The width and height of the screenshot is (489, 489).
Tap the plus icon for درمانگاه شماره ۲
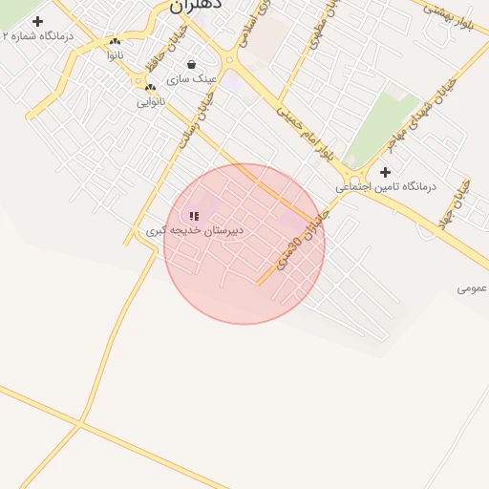coord(37,21)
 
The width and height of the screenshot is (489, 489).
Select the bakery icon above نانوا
coord(116,42)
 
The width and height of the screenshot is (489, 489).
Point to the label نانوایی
coord(150,101)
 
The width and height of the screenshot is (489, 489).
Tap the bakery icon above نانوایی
coord(150,87)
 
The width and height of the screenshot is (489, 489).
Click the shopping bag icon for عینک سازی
coord(192,65)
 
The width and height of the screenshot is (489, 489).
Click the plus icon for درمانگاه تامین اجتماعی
coord(385,173)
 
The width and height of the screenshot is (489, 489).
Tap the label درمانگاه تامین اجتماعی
coord(385,187)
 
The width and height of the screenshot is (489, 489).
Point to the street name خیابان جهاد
coord(453,203)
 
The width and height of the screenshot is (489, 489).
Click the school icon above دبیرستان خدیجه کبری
coord(195,217)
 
